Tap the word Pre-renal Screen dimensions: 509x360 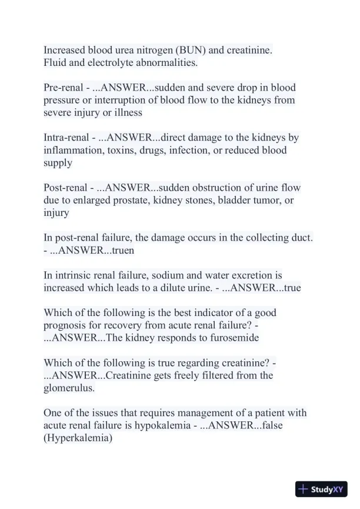64,87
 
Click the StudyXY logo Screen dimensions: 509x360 321,489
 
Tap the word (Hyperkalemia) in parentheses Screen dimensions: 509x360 78,438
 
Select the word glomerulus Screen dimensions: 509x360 68,388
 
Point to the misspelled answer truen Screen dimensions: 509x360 123,250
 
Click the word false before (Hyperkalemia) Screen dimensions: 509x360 280,425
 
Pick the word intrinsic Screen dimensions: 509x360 73,275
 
